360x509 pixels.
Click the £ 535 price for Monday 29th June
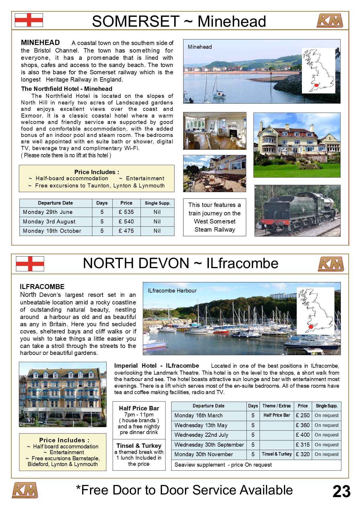[126, 212]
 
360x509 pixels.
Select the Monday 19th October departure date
[52, 231]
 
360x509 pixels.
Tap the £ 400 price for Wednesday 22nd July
[303, 435]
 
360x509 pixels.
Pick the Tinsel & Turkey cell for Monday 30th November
[277, 454]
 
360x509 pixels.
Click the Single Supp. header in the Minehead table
[157, 203]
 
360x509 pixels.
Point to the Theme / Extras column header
[276, 406]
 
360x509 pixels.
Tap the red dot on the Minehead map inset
[316, 86]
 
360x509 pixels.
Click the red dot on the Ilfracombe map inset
[311, 327]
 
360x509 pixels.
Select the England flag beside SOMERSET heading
[29, 20]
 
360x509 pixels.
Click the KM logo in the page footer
[25, 490]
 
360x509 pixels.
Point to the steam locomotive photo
[297, 211]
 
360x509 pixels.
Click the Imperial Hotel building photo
[63, 394]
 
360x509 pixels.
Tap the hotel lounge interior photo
[215, 131]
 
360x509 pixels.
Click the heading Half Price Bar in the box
[139, 408]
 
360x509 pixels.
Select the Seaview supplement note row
[223, 465]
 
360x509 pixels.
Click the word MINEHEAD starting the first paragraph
[40, 43]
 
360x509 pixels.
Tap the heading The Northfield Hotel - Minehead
[66, 89]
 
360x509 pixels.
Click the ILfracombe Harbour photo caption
[172, 291]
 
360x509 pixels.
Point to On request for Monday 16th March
[327, 416]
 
